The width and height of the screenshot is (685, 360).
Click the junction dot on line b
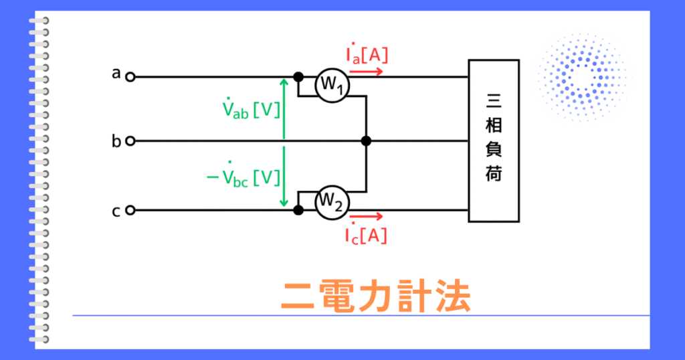pos(366,141)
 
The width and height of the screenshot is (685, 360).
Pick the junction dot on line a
pos(298,78)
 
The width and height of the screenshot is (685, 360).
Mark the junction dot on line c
pos(298,210)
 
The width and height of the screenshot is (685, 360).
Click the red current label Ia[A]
pos(367,54)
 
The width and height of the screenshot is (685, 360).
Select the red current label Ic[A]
pos(366,234)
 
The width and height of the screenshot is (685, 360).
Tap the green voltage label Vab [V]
pos(251,108)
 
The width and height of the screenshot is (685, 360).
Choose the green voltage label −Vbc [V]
pos(243,175)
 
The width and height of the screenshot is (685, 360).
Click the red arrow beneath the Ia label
pos(366,72)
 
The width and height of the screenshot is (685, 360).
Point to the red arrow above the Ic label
pos(366,216)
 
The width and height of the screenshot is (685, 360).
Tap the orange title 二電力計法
pos(376,296)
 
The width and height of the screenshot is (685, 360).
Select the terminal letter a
pos(116,74)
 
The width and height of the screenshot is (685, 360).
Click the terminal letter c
pos(116,211)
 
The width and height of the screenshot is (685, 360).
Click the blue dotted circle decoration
pos(583,78)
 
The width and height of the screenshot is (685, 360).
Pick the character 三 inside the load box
pos(494,101)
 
